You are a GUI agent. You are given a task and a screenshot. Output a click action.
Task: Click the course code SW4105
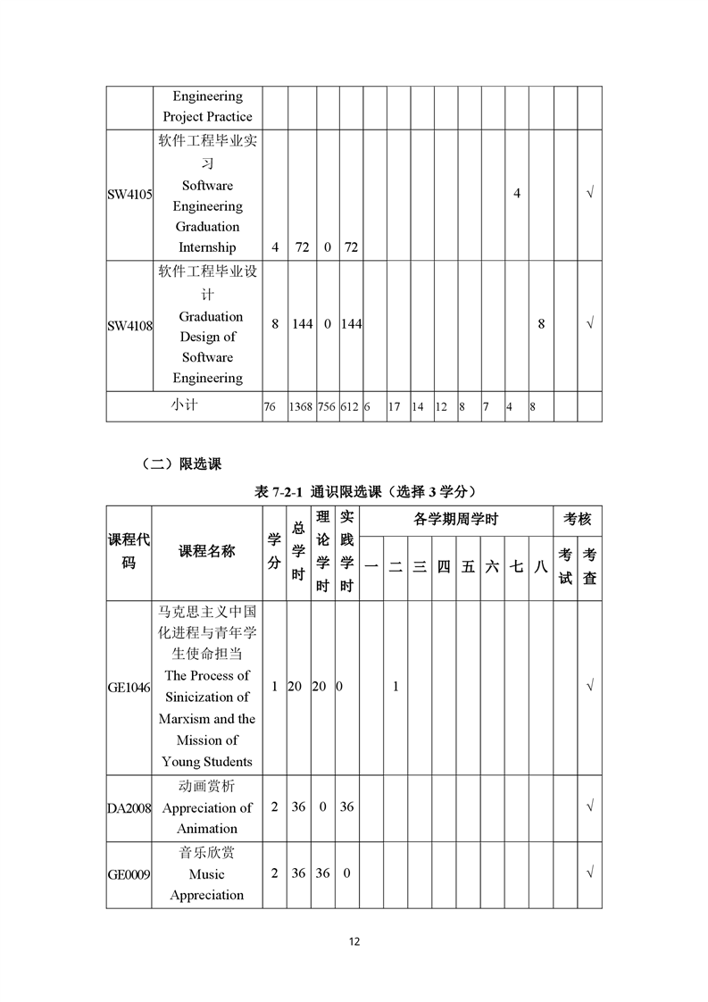(129, 193)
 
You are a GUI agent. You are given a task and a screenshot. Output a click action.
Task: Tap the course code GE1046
(129, 687)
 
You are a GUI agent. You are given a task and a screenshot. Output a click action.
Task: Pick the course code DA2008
(129, 807)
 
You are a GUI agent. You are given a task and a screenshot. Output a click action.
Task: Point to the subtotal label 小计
(185, 405)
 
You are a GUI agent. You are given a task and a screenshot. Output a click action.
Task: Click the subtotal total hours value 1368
(301, 407)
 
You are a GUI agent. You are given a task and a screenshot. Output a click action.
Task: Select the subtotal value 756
(326, 407)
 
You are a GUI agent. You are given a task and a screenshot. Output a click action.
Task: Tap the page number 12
(354, 941)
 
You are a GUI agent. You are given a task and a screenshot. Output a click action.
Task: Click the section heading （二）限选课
(181, 463)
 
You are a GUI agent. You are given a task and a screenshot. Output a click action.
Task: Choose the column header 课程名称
(207, 551)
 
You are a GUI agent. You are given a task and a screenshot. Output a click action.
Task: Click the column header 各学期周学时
(456, 519)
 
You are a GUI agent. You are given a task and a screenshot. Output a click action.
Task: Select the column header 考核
(578, 519)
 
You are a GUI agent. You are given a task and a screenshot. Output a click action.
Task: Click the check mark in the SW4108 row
(589, 324)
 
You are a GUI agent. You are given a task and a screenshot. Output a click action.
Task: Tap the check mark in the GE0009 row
(589, 873)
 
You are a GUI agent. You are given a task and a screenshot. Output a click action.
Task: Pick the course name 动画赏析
(207, 787)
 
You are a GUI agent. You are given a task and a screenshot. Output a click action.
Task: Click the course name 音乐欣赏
(207, 853)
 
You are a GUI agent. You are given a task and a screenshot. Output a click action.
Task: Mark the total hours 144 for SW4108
(303, 324)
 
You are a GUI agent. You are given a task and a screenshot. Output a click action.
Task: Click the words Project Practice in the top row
(207, 116)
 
